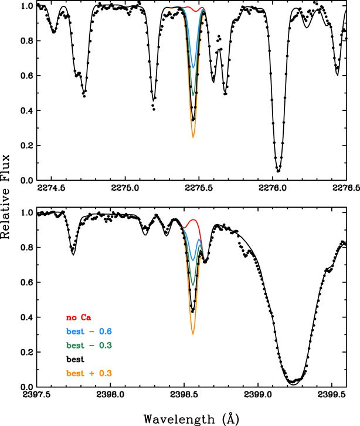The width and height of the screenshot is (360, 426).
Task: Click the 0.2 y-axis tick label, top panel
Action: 26,146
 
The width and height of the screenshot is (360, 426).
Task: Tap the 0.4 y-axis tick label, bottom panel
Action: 26,317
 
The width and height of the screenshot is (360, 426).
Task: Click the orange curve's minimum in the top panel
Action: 193,138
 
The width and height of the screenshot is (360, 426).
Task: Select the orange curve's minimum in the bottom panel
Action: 192,334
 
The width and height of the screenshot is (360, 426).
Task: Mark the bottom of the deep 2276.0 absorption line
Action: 278,171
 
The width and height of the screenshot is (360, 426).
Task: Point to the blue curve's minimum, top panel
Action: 193,68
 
